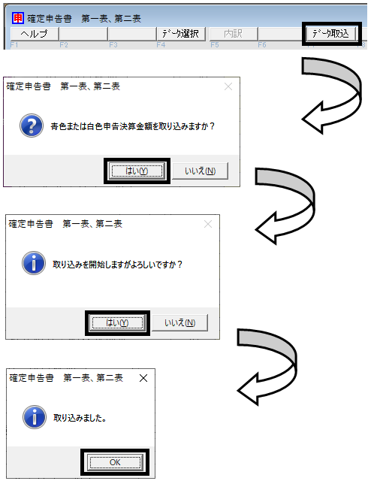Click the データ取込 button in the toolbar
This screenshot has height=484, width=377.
click(331, 33)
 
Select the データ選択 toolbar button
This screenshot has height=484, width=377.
click(181, 33)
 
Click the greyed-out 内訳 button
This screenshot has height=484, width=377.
click(234, 33)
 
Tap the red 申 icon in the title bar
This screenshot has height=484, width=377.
click(18, 18)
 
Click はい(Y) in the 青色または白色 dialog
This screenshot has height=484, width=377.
click(137, 171)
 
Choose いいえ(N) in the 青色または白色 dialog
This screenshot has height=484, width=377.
click(200, 171)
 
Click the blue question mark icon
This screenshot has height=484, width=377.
click(32, 126)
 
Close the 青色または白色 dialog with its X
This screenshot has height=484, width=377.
click(228, 86)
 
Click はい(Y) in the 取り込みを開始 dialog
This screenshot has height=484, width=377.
click(117, 323)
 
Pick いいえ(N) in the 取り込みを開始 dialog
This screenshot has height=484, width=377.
click(179, 323)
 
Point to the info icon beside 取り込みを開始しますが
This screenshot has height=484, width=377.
click(34, 263)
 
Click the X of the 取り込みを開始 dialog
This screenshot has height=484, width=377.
click(208, 224)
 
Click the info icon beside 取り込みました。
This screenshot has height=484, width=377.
click(35, 417)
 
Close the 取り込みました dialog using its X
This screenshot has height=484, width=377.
click(143, 378)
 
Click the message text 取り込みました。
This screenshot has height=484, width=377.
click(80, 418)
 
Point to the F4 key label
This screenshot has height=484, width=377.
click(161, 45)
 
